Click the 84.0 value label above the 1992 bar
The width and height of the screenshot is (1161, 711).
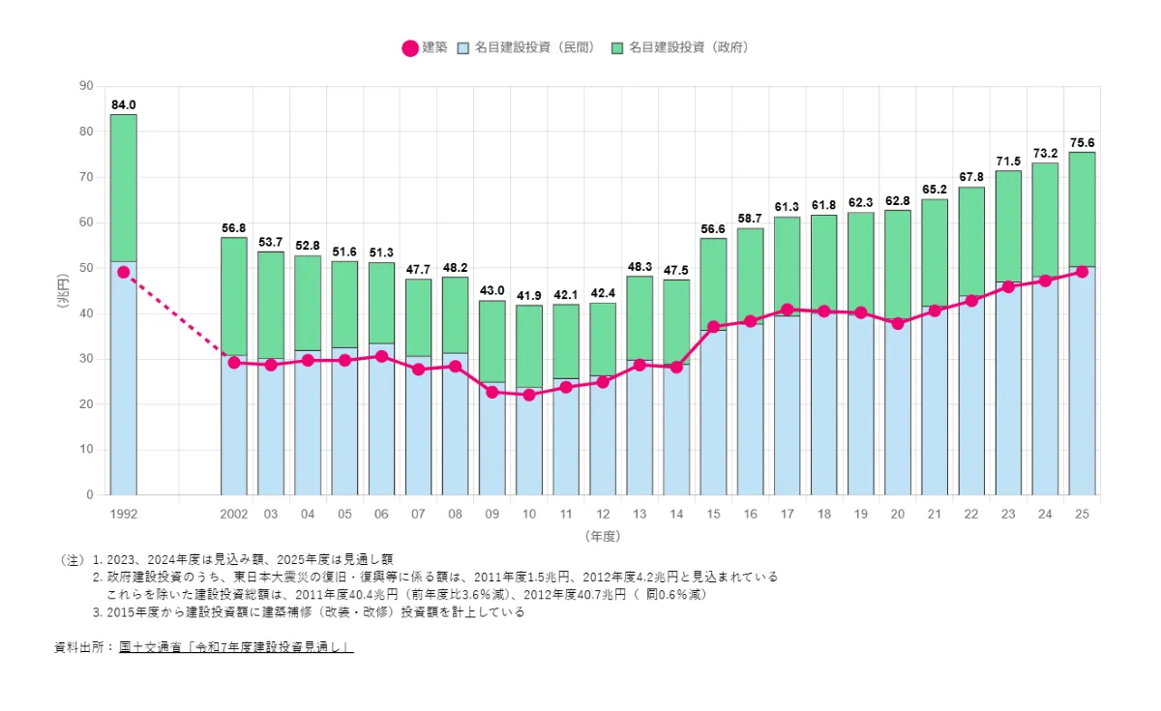tap(124, 104)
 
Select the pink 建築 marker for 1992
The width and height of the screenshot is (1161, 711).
tap(124, 272)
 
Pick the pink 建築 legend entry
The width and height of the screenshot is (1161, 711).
tap(424, 47)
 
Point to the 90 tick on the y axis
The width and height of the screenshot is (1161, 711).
tap(86, 86)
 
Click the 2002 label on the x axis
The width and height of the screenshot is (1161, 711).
tap(234, 514)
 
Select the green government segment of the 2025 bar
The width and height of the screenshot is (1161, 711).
tap(1082, 208)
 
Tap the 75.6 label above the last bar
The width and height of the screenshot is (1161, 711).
tap(1082, 142)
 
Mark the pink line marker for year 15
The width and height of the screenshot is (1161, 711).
tap(713, 327)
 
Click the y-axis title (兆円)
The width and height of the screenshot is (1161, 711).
tap(63, 291)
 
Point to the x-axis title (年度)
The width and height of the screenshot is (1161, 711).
tap(602, 535)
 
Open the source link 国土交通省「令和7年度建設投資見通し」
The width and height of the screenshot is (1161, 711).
tap(236, 646)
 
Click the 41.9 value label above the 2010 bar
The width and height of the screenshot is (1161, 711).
tap(529, 296)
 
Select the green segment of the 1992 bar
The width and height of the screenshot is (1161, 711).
tap(124, 188)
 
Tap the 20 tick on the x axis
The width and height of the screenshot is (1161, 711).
tap(898, 514)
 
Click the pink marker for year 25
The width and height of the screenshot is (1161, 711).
tap(1082, 272)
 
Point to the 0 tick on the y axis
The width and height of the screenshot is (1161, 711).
tap(90, 495)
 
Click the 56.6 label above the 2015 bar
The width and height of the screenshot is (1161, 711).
tap(713, 229)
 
